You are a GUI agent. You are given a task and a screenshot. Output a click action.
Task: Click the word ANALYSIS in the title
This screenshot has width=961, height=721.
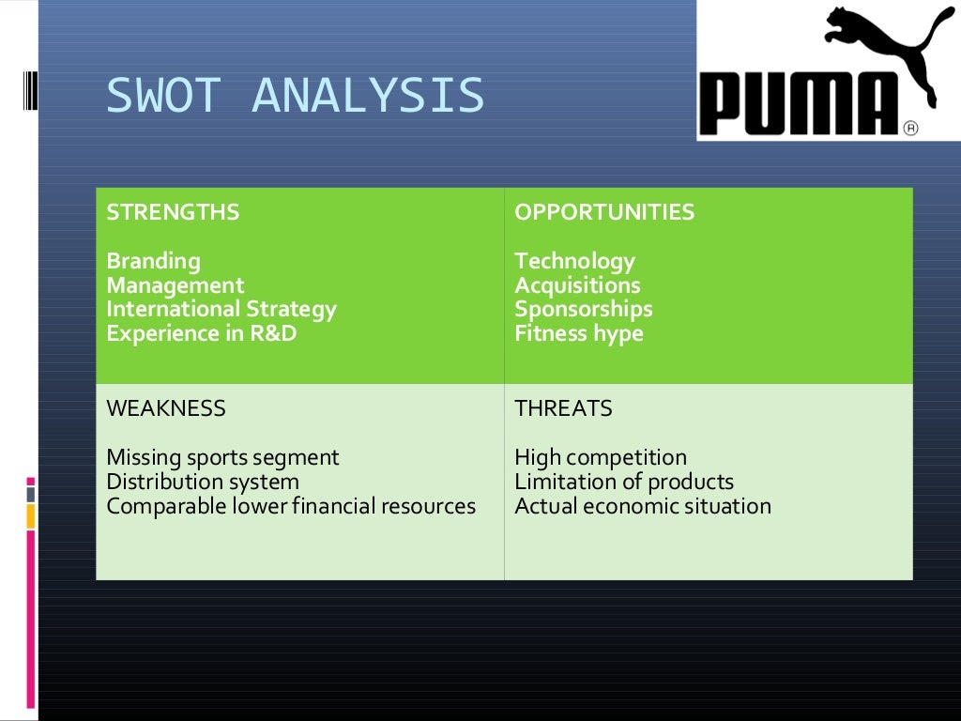click(x=369, y=96)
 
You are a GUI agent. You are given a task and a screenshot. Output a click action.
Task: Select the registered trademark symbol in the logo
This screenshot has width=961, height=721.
click(x=909, y=128)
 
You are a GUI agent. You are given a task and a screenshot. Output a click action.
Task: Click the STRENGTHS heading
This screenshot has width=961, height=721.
click(x=173, y=212)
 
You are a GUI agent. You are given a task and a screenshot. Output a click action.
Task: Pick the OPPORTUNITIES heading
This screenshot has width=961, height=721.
click(x=604, y=212)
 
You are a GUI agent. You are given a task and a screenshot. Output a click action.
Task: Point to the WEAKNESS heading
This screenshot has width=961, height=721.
click(x=166, y=408)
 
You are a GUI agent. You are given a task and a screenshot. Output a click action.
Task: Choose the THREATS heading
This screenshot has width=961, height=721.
click(x=563, y=408)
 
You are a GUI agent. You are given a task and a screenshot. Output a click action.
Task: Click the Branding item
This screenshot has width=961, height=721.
click(x=153, y=261)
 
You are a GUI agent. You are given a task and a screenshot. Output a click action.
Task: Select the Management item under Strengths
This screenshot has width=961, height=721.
click(x=175, y=285)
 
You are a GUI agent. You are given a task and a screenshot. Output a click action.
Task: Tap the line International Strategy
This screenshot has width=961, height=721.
click(x=221, y=309)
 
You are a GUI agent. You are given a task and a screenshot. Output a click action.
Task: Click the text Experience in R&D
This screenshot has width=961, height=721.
click(x=202, y=333)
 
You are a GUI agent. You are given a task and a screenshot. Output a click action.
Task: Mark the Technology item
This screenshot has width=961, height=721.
click(x=574, y=261)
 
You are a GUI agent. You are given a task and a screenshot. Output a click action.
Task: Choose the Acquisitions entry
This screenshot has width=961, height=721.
click(x=577, y=285)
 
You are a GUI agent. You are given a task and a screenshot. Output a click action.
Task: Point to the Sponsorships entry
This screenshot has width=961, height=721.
click(x=583, y=309)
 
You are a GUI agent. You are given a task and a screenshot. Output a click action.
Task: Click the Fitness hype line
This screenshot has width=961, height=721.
click(x=579, y=333)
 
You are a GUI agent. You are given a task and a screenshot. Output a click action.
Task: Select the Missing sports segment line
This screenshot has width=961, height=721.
click(x=222, y=458)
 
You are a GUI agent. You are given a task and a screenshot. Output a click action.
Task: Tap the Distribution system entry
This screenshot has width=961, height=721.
click(x=203, y=482)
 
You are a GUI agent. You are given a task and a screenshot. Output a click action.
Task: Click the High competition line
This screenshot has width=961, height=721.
click(x=601, y=458)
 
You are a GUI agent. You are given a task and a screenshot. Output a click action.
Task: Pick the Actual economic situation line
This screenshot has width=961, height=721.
click(x=643, y=506)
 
